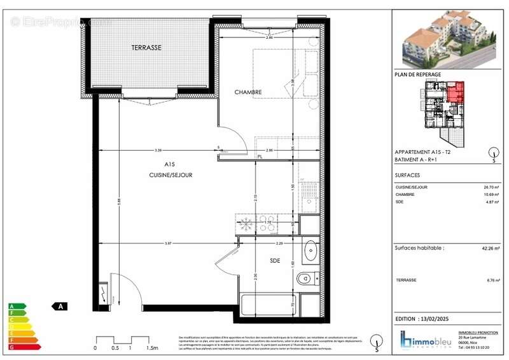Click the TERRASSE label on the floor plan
[146, 48]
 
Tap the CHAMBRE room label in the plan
[248, 92]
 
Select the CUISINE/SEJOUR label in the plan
[171, 174]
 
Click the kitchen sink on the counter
[310, 197]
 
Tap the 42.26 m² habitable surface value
[491, 249]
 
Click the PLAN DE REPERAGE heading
[418, 74]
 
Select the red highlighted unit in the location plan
[455, 94]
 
